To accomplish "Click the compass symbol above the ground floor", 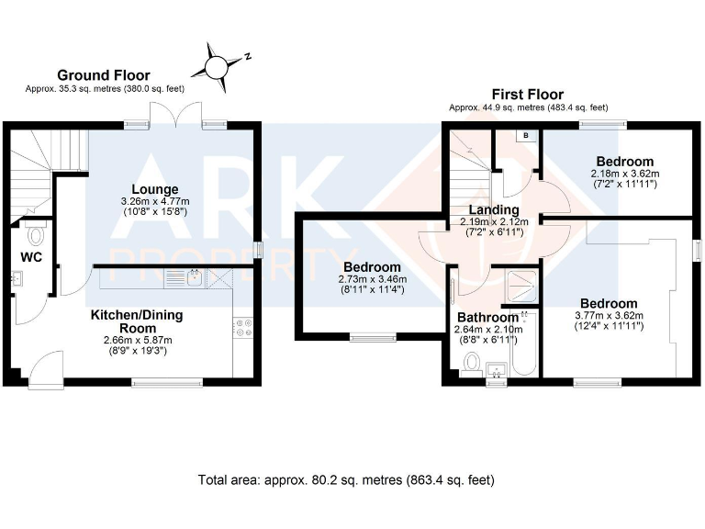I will [x=218, y=66].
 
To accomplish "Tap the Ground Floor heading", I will [x=104, y=75].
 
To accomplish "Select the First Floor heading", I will [x=527, y=95].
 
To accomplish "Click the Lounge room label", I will [x=154, y=189].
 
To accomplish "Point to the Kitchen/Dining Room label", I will [x=136, y=321].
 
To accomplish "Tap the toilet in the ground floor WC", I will [x=35, y=235].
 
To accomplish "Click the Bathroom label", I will [x=488, y=317].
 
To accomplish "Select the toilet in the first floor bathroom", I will [x=472, y=364].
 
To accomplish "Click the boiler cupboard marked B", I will [x=526, y=136].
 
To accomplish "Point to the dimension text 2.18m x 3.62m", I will [x=624, y=173].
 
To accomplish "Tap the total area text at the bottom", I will [x=346, y=479].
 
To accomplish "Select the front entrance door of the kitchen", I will [x=44, y=373].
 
